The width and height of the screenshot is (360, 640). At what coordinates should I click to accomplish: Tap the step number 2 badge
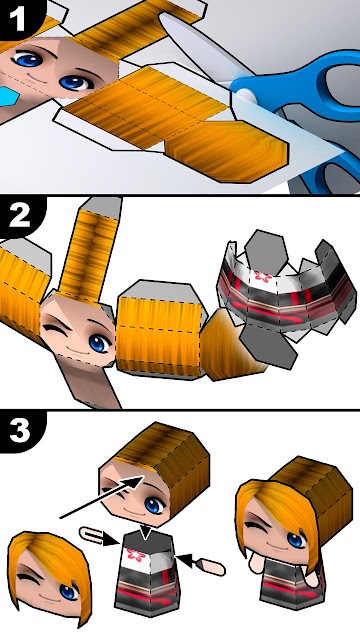pos(19,216)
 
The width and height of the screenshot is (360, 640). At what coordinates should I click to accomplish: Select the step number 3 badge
pos(19,430)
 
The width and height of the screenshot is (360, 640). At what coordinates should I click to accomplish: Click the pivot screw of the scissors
pos(246,97)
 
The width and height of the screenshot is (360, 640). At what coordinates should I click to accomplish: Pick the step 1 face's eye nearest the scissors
pos(76,82)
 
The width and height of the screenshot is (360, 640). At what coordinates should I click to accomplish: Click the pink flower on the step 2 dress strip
pos(262,276)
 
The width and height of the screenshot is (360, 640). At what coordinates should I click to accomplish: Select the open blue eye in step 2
pos(97,343)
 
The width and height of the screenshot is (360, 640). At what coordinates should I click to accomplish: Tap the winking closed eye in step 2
pos(55,330)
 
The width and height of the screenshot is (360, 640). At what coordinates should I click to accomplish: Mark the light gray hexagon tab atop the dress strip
pos(266,250)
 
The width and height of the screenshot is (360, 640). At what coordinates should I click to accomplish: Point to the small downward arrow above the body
pos(145,533)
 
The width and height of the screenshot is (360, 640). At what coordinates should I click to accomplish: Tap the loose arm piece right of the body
pos(211,567)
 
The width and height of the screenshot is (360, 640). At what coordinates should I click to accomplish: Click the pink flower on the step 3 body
pos(136,554)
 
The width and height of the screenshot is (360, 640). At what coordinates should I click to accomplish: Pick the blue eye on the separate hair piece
pos(68,592)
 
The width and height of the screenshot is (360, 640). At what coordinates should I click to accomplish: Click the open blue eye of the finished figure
pos(297,540)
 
